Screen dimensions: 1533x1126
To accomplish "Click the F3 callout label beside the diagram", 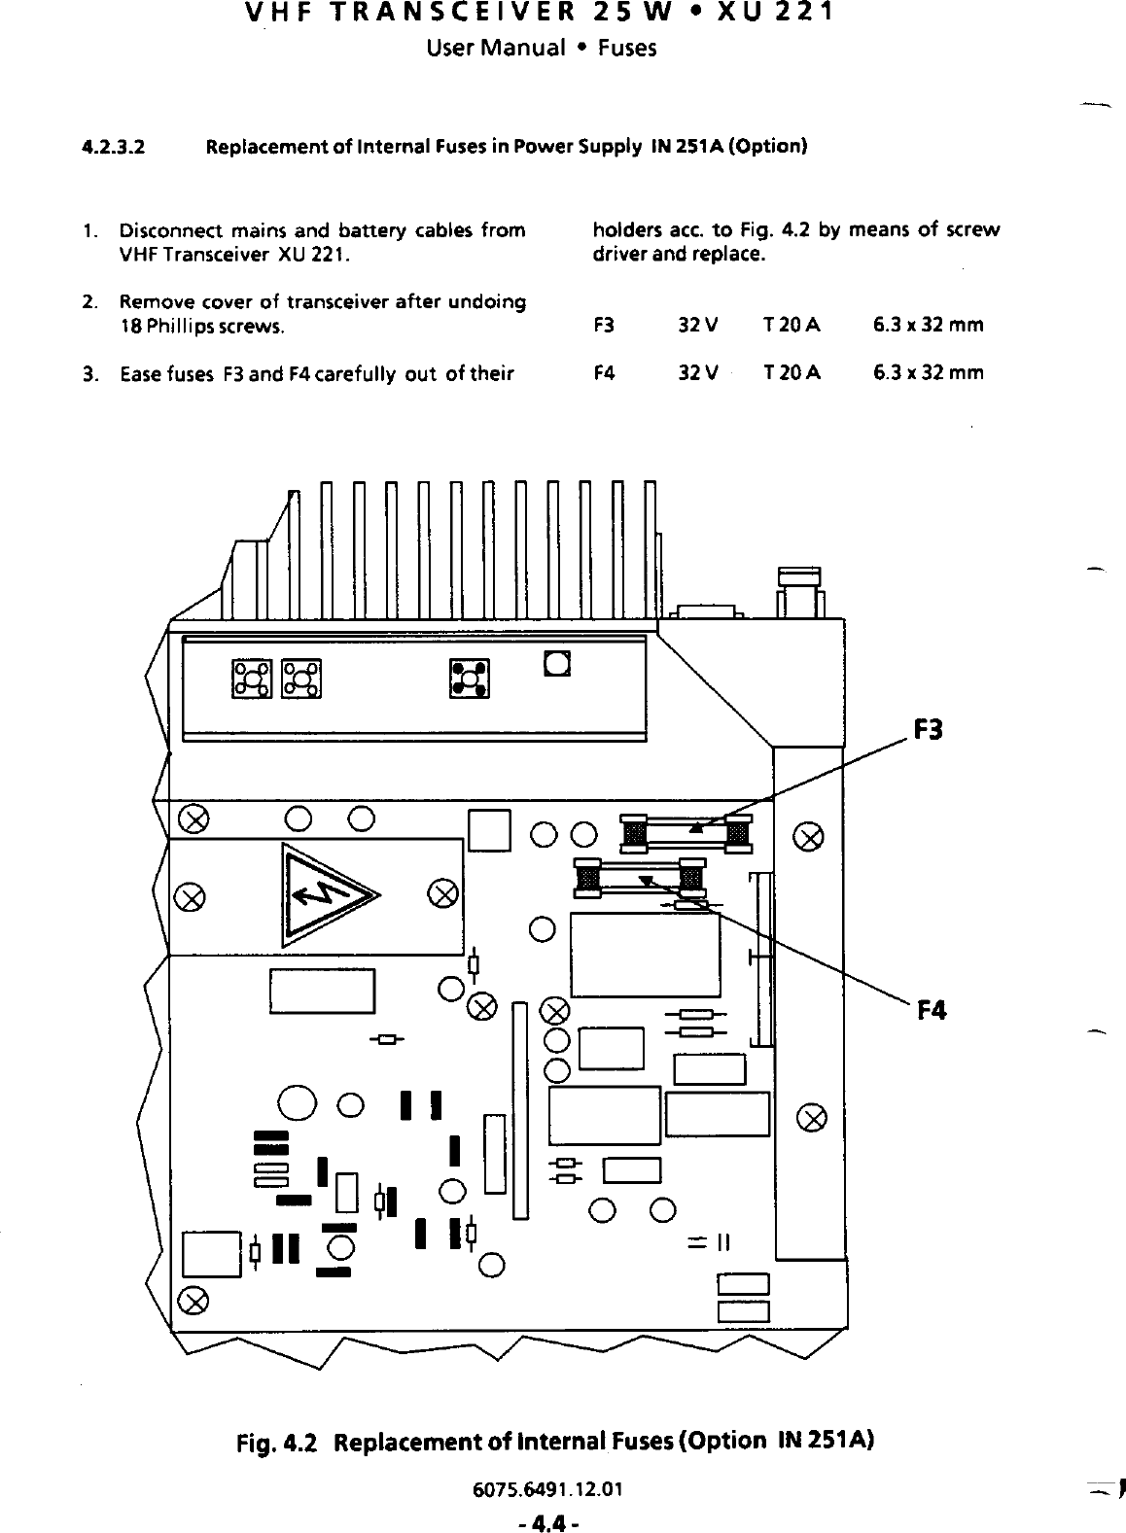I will pyautogui.click(x=929, y=730).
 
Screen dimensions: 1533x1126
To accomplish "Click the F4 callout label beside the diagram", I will pyautogui.click(x=931, y=1011).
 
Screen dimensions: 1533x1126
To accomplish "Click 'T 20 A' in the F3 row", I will pyautogui.click(x=792, y=325).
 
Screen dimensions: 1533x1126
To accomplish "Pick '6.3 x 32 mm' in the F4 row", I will pyautogui.click(x=929, y=372).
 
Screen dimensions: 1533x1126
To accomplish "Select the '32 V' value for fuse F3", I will pyautogui.click(x=698, y=325).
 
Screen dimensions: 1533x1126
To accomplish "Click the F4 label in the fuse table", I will pyautogui.click(x=604, y=372).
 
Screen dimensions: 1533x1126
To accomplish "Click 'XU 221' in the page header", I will pyautogui.click(x=763, y=15).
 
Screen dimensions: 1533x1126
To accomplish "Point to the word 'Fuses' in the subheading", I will pyautogui.click(x=627, y=48).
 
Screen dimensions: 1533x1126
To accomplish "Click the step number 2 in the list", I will pyautogui.click(x=88, y=302).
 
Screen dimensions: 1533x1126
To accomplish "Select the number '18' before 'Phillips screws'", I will pyautogui.click(x=128, y=327).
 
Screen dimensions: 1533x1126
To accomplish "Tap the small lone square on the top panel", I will pyautogui.click(x=557, y=664).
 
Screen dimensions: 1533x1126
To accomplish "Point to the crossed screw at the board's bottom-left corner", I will pyautogui.click(x=194, y=1301).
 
